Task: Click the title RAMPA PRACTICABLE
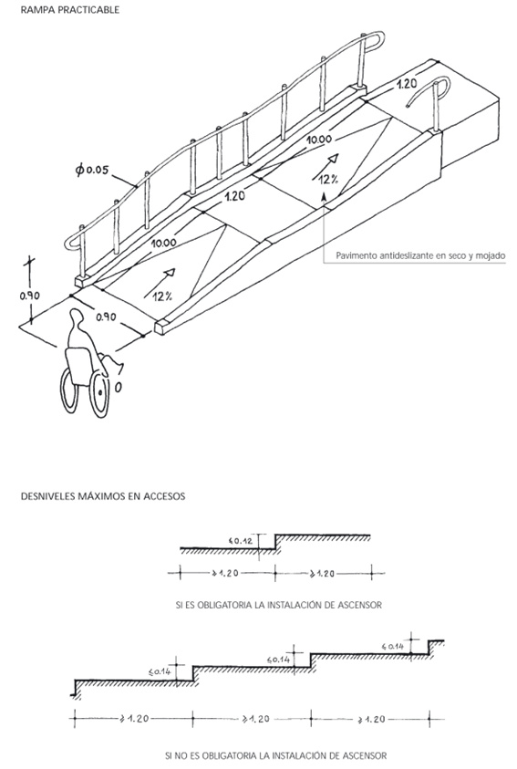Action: pos(70,10)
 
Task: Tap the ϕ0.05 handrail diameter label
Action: pos(92,170)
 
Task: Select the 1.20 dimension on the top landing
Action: pos(407,84)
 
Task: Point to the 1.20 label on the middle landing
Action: pos(234,197)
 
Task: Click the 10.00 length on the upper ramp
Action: pos(319,140)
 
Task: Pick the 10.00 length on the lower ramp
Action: pos(164,243)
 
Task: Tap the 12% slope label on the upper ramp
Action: pos(328,180)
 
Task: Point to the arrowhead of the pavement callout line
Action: pos(324,197)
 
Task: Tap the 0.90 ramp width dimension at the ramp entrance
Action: pos(106,317)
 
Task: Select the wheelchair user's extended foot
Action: pos(119,367)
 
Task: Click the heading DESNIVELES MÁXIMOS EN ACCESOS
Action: pos(103,496)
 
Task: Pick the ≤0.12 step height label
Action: pos(240,542)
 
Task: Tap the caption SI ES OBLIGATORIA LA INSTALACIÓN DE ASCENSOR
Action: pos(278,605)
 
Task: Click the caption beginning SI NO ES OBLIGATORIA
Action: pos(276,755)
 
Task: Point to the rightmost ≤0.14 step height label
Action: pos(392,647)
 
